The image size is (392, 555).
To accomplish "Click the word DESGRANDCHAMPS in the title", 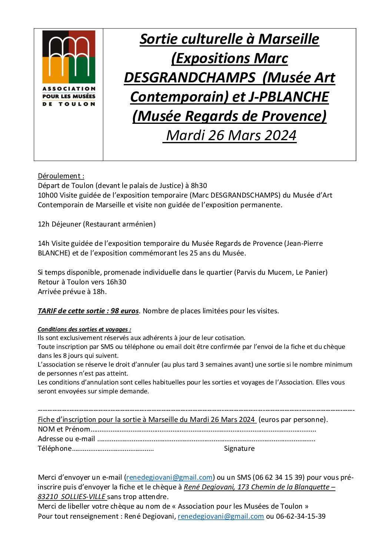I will tap(189, 77).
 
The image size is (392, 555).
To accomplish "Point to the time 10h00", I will tap(48, 195).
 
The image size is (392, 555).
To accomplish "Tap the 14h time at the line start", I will tap(43, 243).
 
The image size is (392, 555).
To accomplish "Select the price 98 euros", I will tap(124, 311).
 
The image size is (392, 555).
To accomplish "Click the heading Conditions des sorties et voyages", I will tap(84, 329).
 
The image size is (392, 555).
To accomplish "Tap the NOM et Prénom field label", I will tap(64, 429).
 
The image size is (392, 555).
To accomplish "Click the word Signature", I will tap(239, 448).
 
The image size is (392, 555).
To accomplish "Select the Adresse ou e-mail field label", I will tap(66, 439).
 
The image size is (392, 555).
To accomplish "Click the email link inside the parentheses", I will tap(169, 477).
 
